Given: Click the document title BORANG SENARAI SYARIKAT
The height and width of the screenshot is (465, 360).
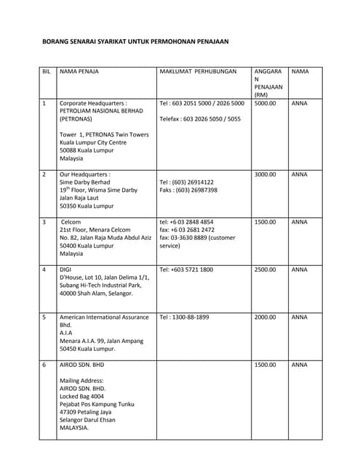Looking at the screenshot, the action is [135, 42].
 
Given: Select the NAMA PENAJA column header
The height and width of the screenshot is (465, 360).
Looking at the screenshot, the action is [79, 72].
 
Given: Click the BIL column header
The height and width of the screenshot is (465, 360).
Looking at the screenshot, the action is [47, 72].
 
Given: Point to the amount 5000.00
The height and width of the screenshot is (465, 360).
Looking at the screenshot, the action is [265, 103].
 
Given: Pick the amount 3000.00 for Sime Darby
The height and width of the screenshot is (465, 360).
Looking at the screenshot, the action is [265, 174].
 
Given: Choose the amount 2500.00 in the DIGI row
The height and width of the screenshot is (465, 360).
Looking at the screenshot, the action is [265, 270].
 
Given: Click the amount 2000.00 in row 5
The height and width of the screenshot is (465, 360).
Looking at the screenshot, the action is [265, 317].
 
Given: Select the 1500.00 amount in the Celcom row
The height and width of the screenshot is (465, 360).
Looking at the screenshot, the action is [265, 222].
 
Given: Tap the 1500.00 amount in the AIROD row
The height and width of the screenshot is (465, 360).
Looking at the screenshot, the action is [265, 364].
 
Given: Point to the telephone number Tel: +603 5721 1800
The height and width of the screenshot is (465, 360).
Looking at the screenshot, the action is [186, 270].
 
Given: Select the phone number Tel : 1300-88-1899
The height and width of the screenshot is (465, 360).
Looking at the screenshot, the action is [184, 317].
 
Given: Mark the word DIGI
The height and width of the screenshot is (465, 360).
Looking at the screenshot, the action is [65, 270].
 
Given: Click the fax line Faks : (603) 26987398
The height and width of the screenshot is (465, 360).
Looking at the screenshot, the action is [188, 190].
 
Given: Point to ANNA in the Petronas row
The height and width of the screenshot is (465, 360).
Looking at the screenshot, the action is [299, 103].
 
